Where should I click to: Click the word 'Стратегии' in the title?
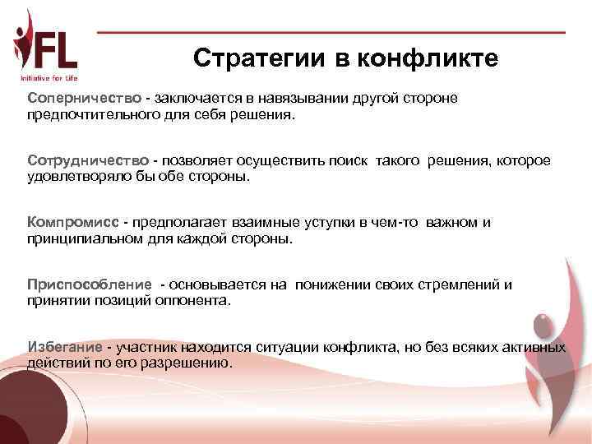point(260,59)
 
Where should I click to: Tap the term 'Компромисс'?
point(73,223)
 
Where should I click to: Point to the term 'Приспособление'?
point(90,284)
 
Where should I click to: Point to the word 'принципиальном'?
point(86,239)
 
